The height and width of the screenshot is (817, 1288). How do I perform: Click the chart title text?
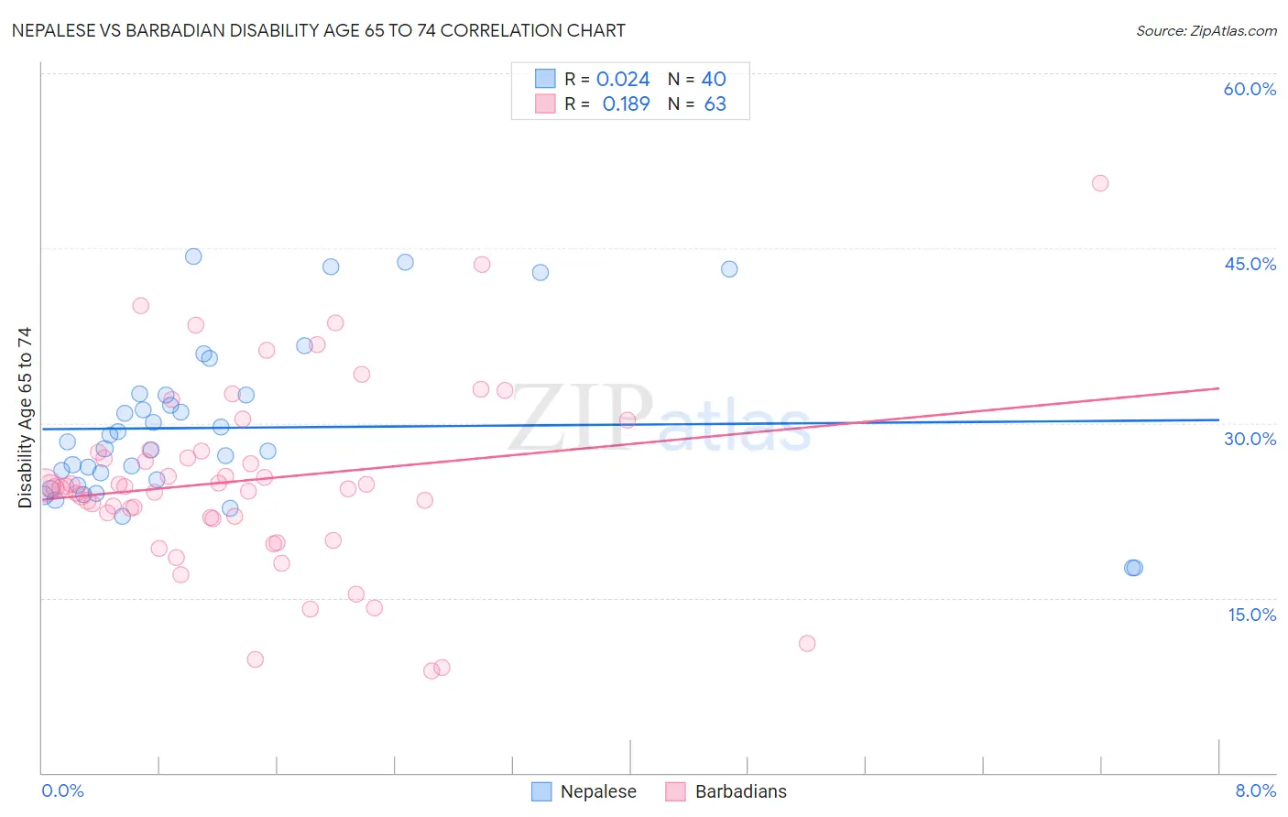[x=318, y=30]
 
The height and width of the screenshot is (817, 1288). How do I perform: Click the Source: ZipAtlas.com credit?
[x=1206, y=30]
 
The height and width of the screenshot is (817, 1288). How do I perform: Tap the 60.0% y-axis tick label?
[x=1250, y=89]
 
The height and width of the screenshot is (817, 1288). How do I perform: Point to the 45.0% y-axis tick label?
[x=1250, y=264]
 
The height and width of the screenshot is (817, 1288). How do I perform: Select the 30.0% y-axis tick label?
[x=1250, y=439]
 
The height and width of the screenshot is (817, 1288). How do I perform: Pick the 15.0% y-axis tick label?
[x=1251, y=615]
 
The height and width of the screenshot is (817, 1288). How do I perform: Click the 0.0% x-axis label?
[x=62, y=790]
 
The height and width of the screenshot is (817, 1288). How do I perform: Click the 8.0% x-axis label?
[x=1255, y=790]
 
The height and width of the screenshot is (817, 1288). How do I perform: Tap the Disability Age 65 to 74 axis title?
[x=25, y=417]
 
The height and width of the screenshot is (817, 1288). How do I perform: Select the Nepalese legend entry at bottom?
[x=584, y=791]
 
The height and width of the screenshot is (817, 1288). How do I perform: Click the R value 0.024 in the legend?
[x=623, y=79]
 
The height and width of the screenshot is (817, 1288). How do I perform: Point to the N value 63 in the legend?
[x=715, y=103]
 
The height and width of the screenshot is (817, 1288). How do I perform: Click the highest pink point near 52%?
[x=1100, y=183]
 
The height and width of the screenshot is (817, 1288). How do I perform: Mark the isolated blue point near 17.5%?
[x=1133, y=568]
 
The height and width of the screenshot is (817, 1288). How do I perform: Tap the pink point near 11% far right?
[x=807, y=643]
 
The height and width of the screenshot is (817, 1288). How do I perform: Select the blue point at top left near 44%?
[x=193, y=256]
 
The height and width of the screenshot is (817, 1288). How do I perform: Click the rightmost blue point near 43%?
[x=729, y=269]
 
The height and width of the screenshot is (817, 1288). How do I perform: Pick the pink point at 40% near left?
[x=140, y=306]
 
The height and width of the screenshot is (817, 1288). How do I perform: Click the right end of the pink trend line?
[x=1218, y=388]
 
